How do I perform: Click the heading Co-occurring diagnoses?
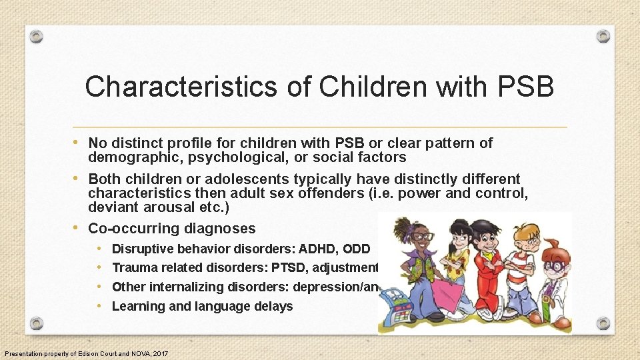coord(172,229)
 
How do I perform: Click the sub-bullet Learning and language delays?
coord(202,306)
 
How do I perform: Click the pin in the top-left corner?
coord(37,36)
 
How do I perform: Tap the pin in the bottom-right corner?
coord(603,323)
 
